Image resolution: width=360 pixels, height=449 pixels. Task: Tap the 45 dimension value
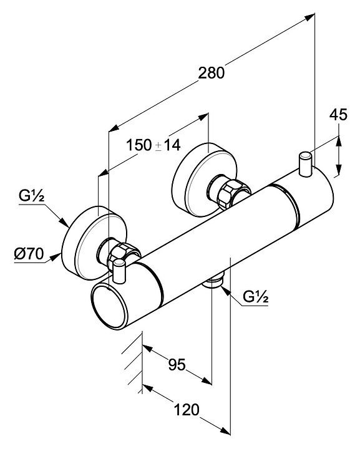point(338,115)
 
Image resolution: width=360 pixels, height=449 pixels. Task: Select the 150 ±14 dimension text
point(153,145)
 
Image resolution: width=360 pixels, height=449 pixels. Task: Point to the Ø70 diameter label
point(29,254)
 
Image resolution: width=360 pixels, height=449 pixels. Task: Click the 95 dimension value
point(177,365)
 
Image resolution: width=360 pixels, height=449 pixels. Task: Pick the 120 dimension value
point(187,410)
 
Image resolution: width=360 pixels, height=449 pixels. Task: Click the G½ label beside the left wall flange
point(31,196)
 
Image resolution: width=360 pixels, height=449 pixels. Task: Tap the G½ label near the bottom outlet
point(255,297)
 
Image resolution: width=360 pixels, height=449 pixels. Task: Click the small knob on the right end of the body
point(305,164)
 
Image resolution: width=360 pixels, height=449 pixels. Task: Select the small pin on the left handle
point(119,271)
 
